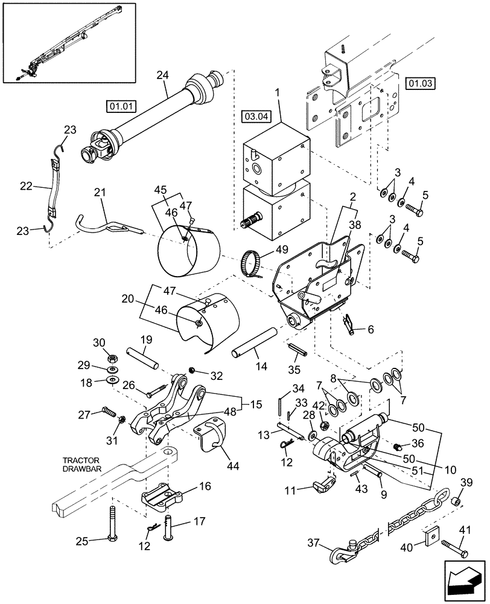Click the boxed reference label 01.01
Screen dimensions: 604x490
[x=120, y=107]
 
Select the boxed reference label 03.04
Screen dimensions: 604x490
[x=256, y=115]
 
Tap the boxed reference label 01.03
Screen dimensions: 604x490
[x=421, y=83]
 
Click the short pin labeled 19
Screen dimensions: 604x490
[x=142, y=358]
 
